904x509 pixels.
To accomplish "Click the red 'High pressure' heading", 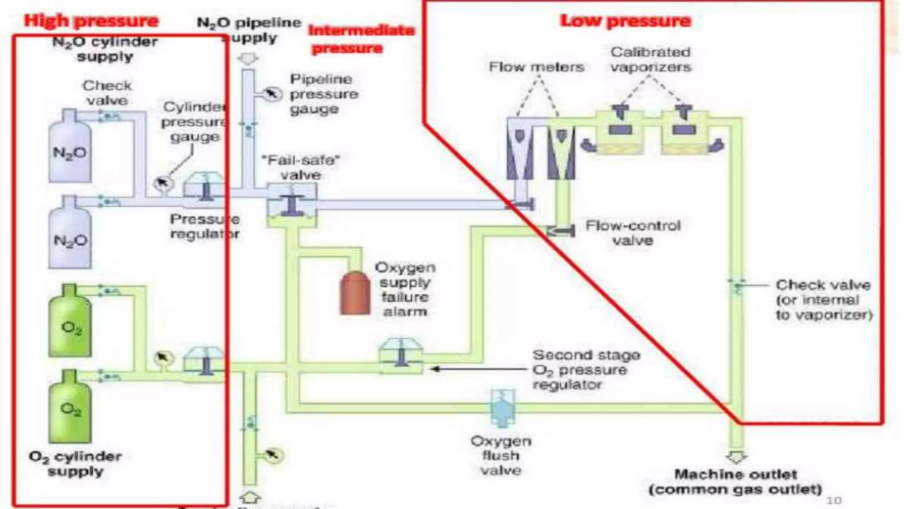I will tap(91, 21).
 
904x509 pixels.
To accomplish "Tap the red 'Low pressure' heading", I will tap(625, 21).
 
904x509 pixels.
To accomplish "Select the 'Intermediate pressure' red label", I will tap(361, 39).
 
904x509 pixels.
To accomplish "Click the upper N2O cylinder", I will tap(70, 148).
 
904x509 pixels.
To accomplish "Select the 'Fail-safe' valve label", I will tap(301, 167).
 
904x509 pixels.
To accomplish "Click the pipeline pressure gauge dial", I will tap(272, 94).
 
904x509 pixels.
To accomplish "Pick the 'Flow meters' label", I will tap(536, 67).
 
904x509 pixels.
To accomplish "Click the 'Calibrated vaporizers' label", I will tap(651, 60).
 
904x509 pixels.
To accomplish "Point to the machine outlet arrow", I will tap(736, 457).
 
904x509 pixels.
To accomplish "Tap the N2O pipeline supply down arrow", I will tap(249, 58).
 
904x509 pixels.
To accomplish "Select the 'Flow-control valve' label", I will tap(633, 233).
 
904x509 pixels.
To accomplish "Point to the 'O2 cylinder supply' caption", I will tap(75, 463).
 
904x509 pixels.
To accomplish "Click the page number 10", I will tap(834, 500).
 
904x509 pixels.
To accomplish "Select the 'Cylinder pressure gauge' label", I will tap(194, 122).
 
